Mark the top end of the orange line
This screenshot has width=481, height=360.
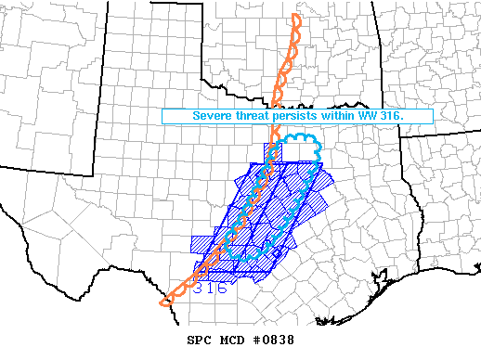295,16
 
